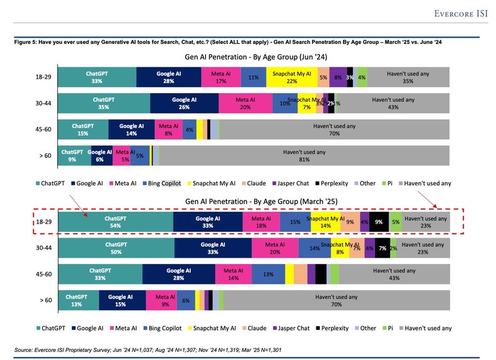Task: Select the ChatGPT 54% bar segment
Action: [116, 222]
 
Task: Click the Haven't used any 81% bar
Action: [305, 155]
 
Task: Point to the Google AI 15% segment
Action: [120, 300]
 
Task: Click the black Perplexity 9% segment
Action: [379, 222]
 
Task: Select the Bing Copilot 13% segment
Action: [268, 274]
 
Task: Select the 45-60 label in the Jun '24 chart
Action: [43, 129]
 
